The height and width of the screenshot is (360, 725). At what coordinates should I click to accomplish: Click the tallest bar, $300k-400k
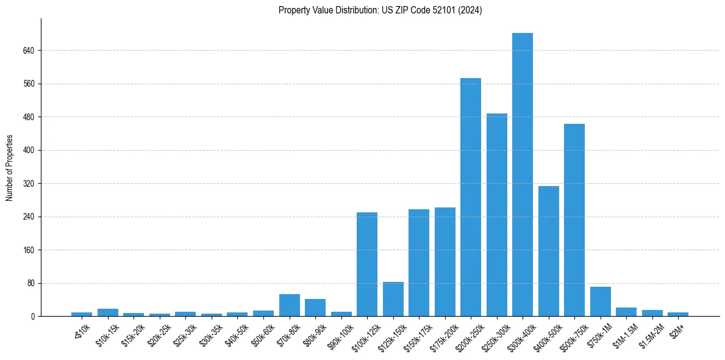[523, 175]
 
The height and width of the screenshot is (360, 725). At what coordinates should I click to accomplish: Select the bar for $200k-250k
[471, 197]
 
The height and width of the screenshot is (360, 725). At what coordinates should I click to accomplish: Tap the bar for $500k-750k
[574, 220]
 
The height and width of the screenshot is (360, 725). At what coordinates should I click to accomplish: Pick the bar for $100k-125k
[367, 264]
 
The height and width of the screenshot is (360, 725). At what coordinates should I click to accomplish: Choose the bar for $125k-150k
[393, 299]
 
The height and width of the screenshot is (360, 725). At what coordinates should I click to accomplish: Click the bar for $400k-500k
[549, 251]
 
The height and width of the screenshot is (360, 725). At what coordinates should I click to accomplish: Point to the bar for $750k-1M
[601, 301]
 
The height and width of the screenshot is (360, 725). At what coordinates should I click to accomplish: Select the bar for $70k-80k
[290, 305]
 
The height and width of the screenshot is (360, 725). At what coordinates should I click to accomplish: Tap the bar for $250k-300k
[497, 215]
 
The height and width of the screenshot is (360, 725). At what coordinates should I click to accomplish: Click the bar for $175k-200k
[445, 262]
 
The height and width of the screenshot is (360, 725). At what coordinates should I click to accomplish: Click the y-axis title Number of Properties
[10, 168]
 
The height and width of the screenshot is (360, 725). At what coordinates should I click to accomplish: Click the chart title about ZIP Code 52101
[380, 10]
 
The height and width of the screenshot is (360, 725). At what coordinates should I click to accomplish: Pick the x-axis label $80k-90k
[312, 333]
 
